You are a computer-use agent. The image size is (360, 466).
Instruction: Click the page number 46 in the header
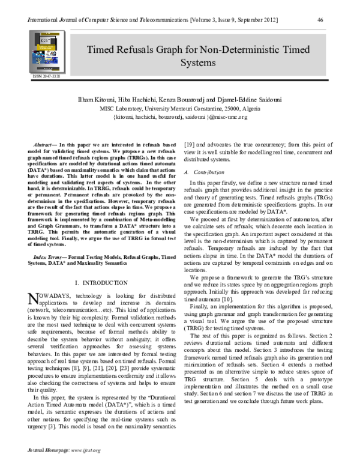pyautogui.click(x=320, y=20)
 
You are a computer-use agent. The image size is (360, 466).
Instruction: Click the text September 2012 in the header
pyautogui.click(x=255, y=20)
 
